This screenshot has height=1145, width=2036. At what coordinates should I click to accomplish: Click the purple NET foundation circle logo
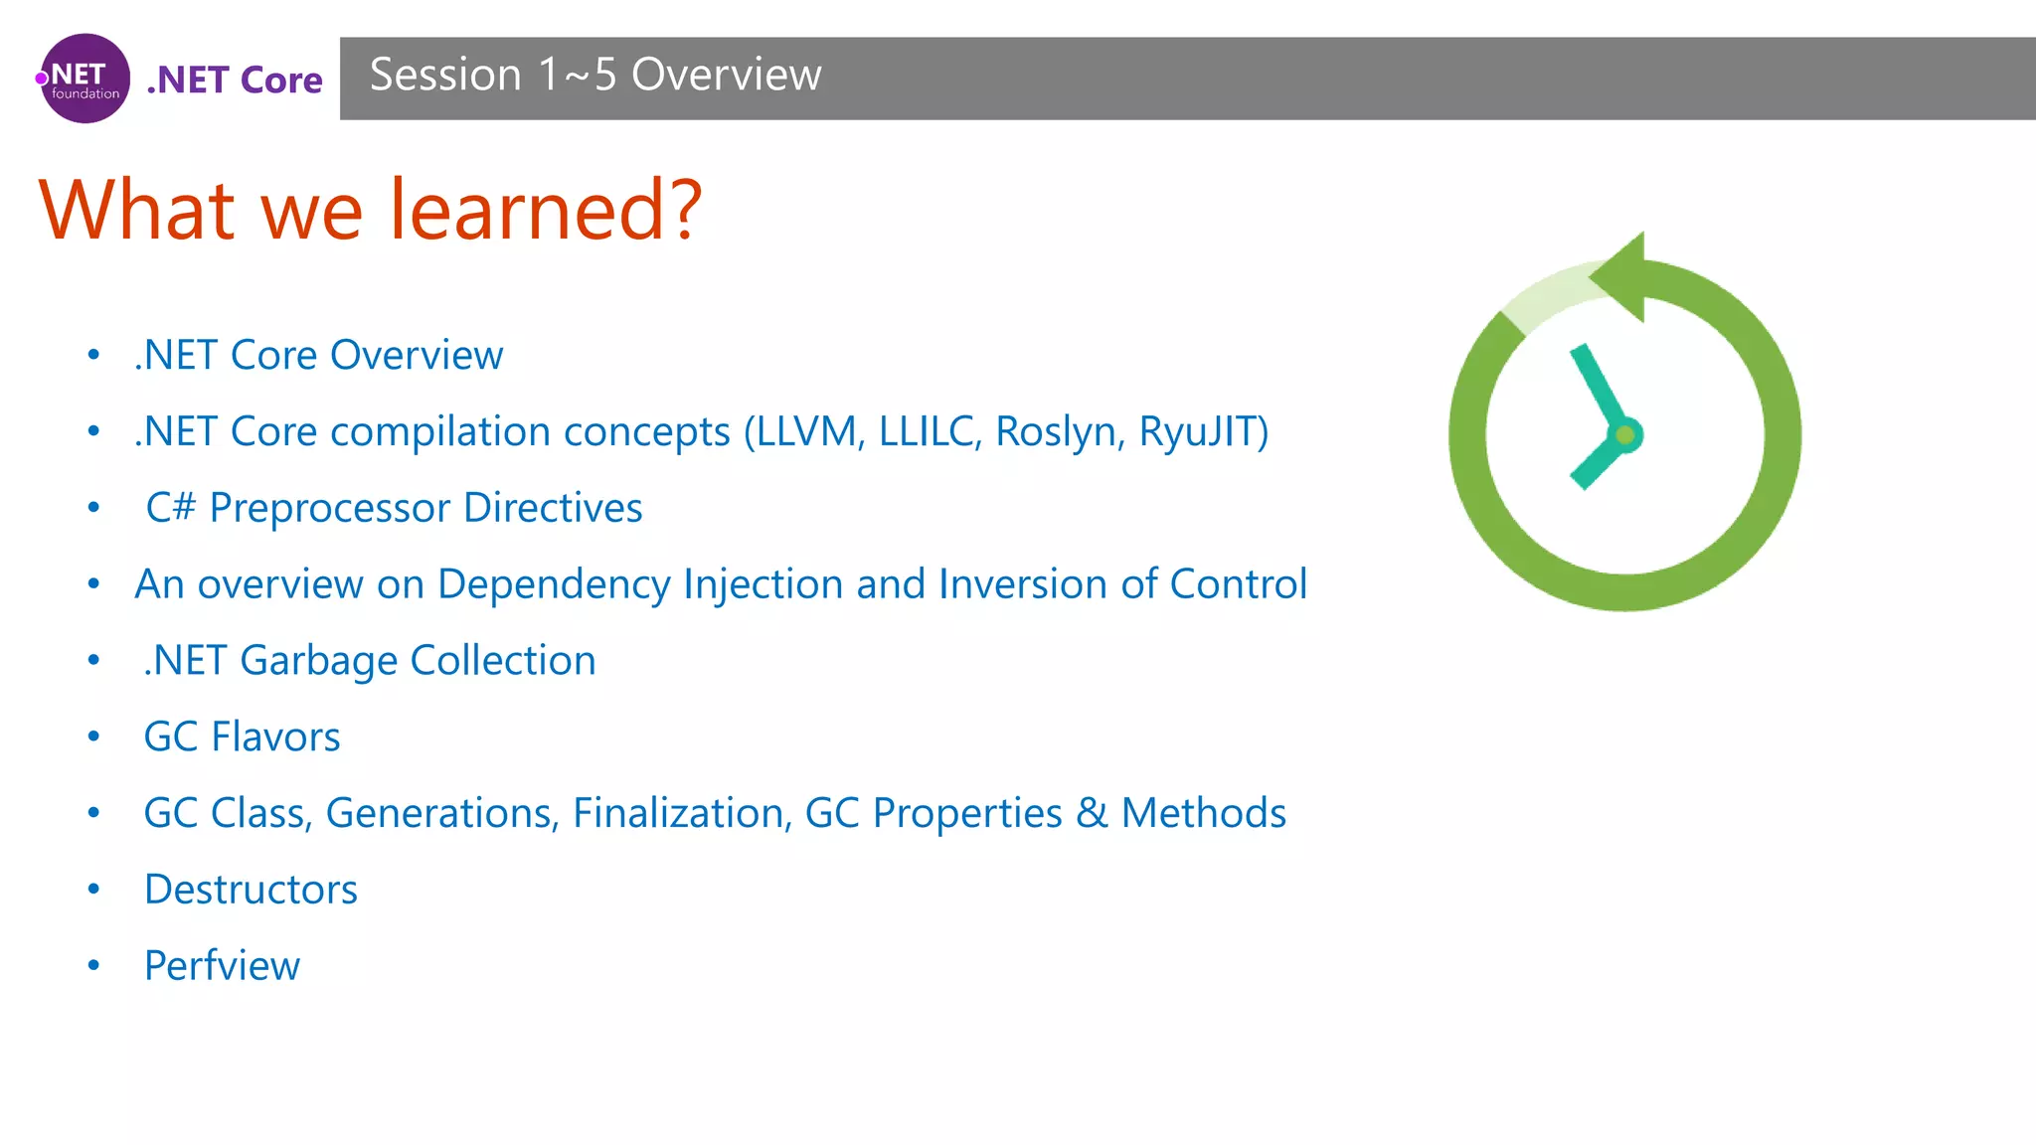[x=85, y=79]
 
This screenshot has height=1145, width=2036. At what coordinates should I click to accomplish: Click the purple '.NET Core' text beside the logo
[x=235, y=80]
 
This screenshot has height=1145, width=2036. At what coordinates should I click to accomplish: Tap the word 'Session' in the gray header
[x=445, y=75]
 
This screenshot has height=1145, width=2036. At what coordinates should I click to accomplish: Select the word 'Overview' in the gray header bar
[x=726, y=75]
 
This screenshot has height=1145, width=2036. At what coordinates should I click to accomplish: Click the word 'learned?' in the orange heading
[x=546, y=210]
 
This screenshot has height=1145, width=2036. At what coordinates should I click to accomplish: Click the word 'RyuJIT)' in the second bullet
[x=1203, y=431]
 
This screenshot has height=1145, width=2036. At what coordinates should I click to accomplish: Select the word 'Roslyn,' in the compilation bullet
[x=1060, y=431]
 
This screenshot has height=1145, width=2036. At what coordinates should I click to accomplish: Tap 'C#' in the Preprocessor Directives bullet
[x=170, y=508]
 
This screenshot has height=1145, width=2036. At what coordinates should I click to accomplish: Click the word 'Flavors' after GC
[x=275, y=737]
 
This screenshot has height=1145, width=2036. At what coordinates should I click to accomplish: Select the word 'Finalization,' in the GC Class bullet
[x=682, y=813]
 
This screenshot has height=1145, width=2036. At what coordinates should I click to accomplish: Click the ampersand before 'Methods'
[x=1092, y=813]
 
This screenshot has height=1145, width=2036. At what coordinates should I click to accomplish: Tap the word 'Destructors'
[x=251, y=890]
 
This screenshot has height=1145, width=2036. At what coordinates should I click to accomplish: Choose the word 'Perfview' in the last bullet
[x=222, y=966]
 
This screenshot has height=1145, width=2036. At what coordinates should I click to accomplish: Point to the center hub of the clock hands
[x=1625, y=435]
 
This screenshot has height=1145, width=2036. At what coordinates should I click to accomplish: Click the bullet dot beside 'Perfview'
[x=93, y=966]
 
